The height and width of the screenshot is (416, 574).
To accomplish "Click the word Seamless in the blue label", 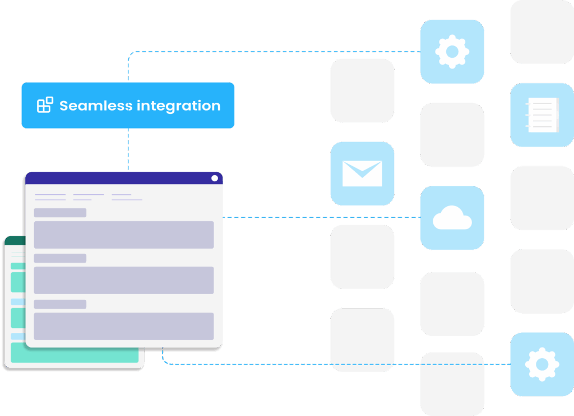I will click(96, 106).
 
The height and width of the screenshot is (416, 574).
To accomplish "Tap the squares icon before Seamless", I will click(45, 105).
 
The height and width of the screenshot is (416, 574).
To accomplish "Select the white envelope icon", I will click(362, 173).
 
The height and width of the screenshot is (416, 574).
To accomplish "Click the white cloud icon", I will click(452, 218).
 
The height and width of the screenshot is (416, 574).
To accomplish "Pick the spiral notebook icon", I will click(542, 115).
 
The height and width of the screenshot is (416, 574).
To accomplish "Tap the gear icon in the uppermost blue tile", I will click(452, 52).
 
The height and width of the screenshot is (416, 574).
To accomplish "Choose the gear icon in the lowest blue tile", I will click(541, 364).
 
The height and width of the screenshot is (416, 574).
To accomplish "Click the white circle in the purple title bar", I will click(215, 178).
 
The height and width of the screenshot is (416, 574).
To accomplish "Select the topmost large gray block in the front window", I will click(123, 235).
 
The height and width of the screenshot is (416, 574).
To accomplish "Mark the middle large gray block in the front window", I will click(123, 280).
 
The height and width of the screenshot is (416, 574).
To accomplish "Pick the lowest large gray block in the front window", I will click(123, 326).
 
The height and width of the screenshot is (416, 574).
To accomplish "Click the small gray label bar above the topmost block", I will click(60, 213).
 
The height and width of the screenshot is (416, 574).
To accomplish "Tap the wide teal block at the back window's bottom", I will click(74, 353).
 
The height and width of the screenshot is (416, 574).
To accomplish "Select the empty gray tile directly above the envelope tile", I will click(362, 90).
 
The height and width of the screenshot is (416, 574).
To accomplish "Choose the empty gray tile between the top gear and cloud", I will click(452, 135).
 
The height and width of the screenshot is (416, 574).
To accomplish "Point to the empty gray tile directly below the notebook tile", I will click(541, 198).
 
